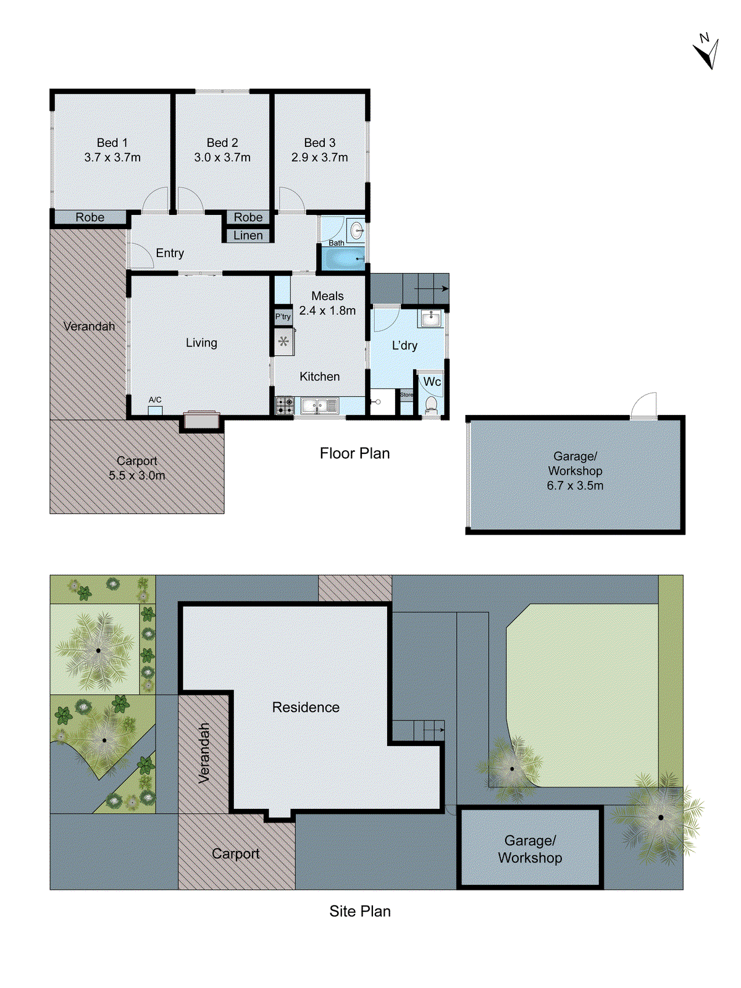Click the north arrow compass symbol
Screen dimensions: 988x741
tap(706, 52)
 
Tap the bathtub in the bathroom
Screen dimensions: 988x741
tap(341, 258)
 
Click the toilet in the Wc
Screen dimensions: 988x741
tap(431, 405)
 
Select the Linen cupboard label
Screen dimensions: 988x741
tap(248, 235)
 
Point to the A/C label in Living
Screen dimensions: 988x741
tap(155, 400)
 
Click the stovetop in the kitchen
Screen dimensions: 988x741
tap(284, 406)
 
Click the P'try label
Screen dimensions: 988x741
tap(283, 317)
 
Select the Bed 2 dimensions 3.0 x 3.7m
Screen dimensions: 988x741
tap(222, 157)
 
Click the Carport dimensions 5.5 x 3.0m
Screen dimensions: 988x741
tap(137, 475)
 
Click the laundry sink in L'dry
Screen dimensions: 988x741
tap(430, 319)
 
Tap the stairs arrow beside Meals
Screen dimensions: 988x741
tap(432, 288)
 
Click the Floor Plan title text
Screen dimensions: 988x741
tap(354, 453)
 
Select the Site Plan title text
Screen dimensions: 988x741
tap(359, 911)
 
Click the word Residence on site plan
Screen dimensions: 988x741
tap(306, 707)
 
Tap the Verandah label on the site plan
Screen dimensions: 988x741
tap(204, 753)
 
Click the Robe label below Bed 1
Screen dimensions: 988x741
tap(90, 217)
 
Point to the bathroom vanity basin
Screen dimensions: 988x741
tap(356, 232)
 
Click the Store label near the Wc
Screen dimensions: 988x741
tap(406, 395)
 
